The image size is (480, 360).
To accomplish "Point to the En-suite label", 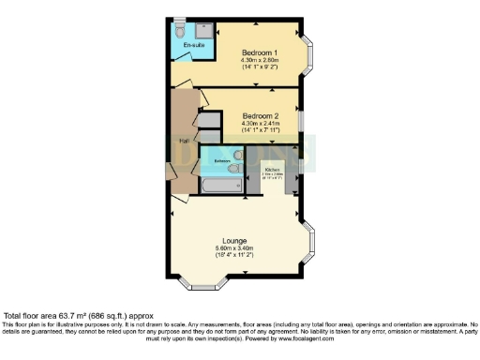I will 193,45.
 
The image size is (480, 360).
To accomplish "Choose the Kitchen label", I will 272,169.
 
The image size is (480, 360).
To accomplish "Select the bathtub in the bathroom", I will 218,187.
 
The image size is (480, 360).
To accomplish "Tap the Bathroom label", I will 222,161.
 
